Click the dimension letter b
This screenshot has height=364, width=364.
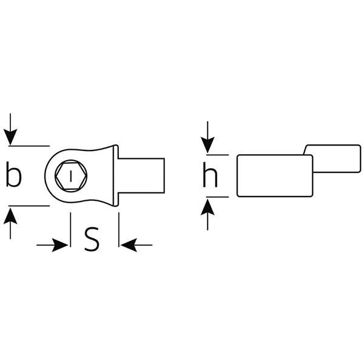tap(14, 174)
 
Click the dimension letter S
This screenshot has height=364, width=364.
tap(92, 239)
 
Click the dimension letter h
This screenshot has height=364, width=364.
tap(210, 175)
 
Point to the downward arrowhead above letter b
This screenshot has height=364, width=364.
tap(10, 137)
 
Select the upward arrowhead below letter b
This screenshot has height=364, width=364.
tap(10, 215)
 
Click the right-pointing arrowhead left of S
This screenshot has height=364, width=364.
tap(60, 245)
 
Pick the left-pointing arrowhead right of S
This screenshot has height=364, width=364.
tap(129, 245)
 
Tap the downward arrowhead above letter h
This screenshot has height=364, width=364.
tap(207, 145)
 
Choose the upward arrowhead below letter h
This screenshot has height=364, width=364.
tap(207, 207)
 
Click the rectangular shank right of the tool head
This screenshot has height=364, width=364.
tap(141, 175)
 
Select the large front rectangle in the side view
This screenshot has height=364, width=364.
tap(275, 176)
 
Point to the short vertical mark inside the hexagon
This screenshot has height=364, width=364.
tap(71, 177)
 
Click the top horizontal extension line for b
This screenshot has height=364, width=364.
tap(29, 146)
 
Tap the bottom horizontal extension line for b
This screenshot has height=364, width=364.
tap(29, 206)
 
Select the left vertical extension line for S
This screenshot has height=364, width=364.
tap(70, 229)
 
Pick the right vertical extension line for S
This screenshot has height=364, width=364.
tap(119, 229)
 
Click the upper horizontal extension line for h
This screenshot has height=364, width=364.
tap(218, 155)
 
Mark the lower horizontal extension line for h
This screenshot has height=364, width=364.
tap(218, 197)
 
